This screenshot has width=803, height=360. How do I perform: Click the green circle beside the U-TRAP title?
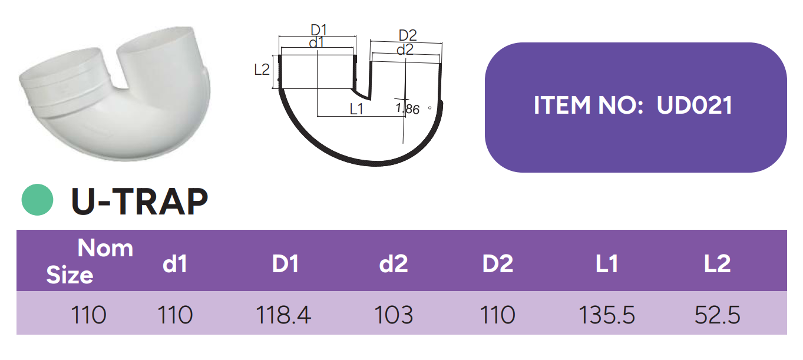38,200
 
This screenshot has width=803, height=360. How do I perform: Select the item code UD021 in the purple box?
695,105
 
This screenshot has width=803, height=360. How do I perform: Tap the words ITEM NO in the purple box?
587,105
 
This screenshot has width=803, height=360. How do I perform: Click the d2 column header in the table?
394,264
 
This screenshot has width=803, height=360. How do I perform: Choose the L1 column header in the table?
607,264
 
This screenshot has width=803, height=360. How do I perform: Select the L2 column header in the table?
717,264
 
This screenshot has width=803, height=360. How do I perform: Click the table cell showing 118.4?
283,315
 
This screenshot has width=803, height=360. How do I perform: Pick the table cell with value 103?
394,315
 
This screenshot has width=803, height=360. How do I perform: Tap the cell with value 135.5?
607,315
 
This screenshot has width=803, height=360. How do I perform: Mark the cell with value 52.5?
717,315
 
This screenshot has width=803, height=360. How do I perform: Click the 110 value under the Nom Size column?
89,315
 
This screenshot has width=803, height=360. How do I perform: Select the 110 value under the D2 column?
498,315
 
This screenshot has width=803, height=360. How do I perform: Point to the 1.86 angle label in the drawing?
408,109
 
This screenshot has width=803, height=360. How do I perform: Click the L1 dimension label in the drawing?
356,109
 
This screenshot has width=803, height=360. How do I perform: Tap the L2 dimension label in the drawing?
262,70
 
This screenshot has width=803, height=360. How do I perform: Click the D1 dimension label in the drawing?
318,29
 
